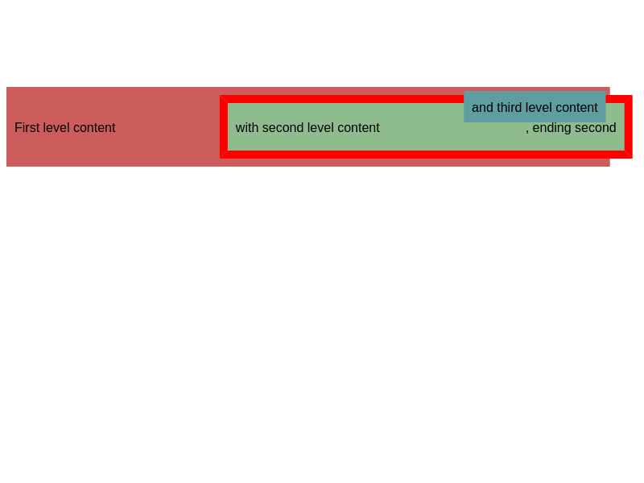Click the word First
[x=27, y=128]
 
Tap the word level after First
[x=55, y=128]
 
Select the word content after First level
[x=93, y=128]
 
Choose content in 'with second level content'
[x=357, y=128]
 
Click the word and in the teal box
[x=482, y=108]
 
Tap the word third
[x=510, y=108]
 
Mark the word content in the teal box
[x=576, y=108]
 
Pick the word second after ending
[x=595, y=128]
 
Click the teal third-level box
[x=535, y=107]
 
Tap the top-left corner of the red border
[x=220, y=96]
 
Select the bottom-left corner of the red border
[x=220, y=158]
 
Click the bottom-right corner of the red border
[x=632, y=158]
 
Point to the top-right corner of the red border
[x=632, y=96]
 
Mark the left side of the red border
[x=224, y=127]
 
